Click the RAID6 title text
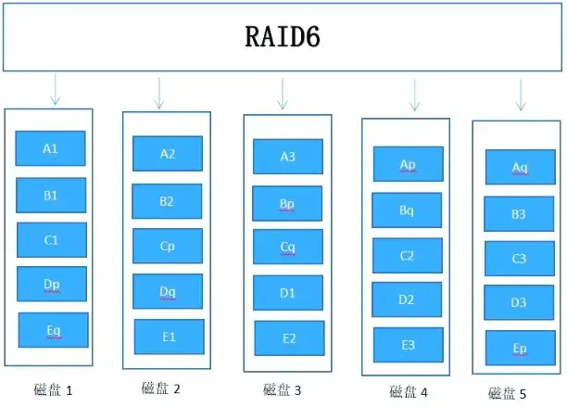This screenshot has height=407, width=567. [283, 38]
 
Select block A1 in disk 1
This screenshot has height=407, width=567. [51, 148]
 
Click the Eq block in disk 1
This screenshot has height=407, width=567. [53, 330]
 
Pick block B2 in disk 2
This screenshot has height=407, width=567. [167, 201]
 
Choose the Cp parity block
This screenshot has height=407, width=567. [168, 247]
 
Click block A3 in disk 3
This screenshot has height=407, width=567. [288, 157]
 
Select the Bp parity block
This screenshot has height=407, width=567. [288, 203]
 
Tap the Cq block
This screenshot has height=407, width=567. [288, 248]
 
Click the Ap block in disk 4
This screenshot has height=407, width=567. [408, 164]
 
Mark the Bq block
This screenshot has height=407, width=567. [407, 210]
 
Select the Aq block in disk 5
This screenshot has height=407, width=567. [520, 168]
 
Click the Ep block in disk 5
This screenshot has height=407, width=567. [520, 348]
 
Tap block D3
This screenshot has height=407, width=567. [519, 303]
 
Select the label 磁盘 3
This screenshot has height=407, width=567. [283, 390]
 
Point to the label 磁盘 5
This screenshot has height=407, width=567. [507, 393]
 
